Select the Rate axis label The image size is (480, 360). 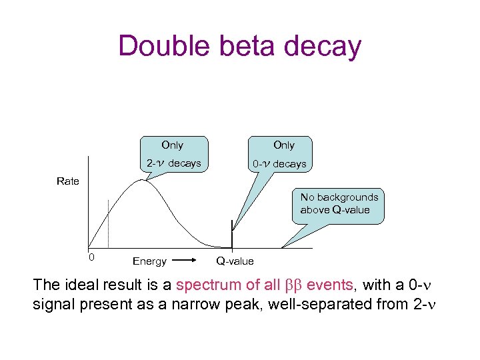point(68,181)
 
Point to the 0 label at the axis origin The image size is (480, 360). point(92,257)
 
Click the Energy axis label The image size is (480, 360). point(149,261)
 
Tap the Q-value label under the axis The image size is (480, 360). point(235,261)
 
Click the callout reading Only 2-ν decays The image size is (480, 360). point(173,154)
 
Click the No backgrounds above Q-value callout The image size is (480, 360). point(339,203)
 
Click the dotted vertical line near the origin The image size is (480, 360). point(108,223)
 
